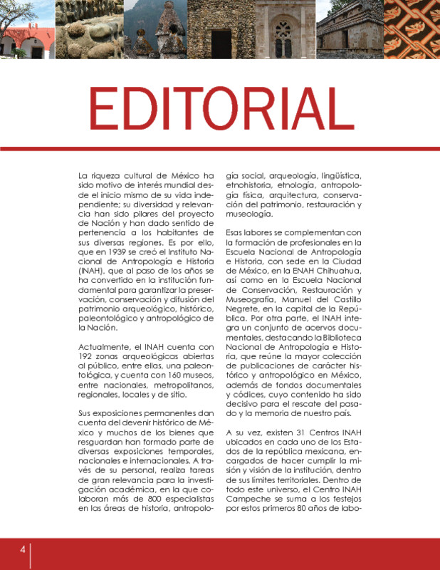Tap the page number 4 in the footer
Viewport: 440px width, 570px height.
(x=23, y=549)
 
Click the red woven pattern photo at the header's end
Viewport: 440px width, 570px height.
(x=413, y=28)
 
